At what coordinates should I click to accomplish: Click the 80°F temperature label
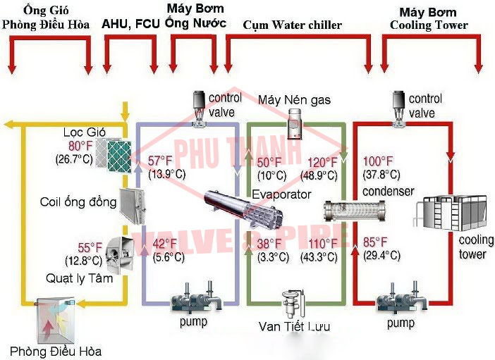[76, 147]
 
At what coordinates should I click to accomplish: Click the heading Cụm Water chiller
[292, 25]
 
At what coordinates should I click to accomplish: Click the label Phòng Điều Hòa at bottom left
[55, 349]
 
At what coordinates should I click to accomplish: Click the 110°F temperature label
[322, 243]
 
